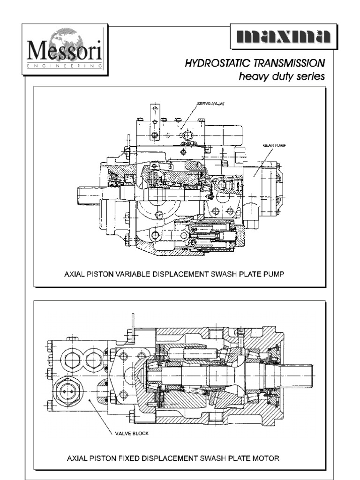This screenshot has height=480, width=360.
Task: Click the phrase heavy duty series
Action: (281, 76)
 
